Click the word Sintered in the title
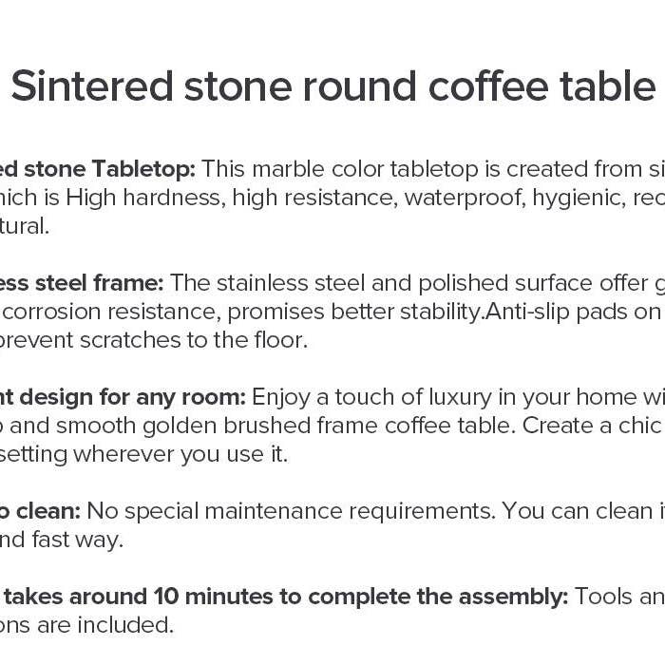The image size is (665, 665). click(93, 86)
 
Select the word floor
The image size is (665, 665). click(280, 340)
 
